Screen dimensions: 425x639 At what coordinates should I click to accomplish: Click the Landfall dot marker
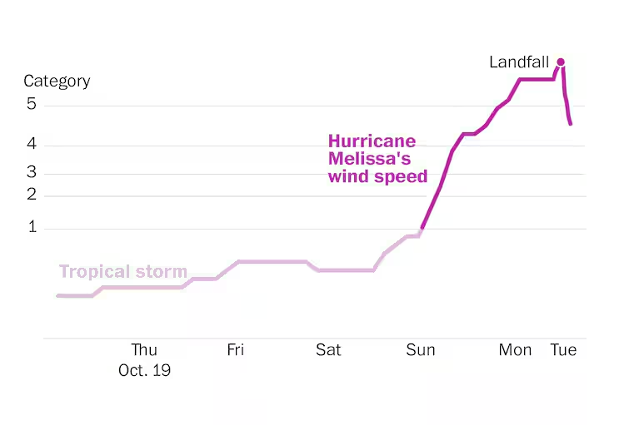(561, 62)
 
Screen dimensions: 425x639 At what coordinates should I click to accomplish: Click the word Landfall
(520, 62)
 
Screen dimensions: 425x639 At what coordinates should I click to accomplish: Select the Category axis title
(57, 82)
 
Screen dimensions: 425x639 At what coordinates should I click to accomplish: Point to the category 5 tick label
(31, 105)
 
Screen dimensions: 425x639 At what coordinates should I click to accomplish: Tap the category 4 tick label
(31, 145)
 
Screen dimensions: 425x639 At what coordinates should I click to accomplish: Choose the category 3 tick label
(31, 173)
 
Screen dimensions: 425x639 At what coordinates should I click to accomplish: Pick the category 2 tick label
(31, 195)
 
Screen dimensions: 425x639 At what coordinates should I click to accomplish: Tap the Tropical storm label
(123, 272)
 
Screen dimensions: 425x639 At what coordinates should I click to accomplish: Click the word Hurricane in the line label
(372, 141)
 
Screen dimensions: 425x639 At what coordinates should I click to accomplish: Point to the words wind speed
(377, 176)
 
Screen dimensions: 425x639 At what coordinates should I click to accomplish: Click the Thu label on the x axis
(144, 350)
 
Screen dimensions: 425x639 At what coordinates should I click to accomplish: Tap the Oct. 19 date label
(144, 370)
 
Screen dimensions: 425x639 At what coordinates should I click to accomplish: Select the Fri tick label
(236, 350)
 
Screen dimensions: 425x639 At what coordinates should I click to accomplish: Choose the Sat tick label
(328, 350)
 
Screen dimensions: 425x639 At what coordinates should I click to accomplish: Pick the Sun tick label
(421, 350)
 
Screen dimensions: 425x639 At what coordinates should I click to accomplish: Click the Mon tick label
(515, 350)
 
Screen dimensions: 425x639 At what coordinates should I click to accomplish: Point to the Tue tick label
(563, 350)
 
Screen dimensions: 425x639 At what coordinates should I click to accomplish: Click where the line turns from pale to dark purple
(421, 230)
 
